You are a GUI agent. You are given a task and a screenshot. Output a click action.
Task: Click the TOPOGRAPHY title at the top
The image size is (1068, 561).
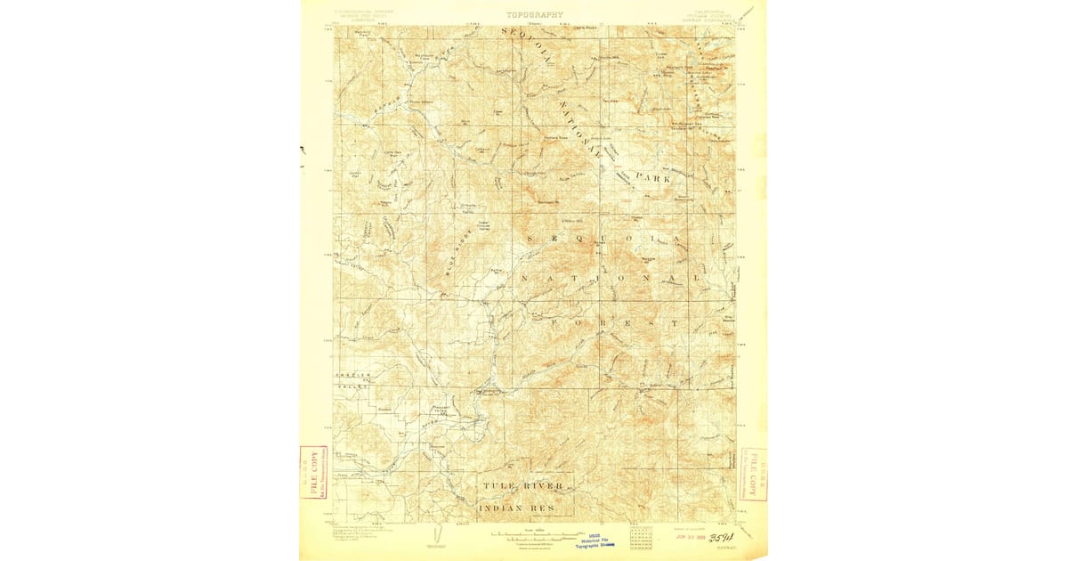[534, 15]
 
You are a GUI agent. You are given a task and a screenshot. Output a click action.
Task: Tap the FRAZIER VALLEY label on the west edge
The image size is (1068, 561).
[351, 382]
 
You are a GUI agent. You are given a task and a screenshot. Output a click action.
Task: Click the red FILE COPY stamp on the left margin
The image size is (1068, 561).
[313, 473]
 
